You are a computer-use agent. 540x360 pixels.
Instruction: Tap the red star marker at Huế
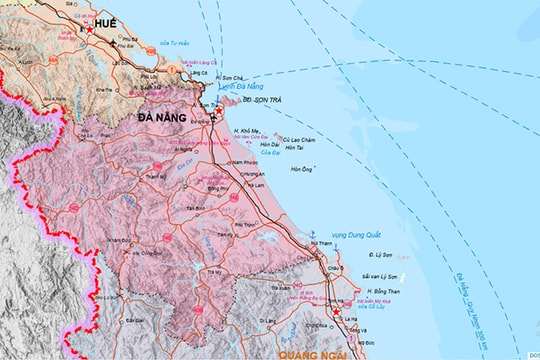coord(90,30)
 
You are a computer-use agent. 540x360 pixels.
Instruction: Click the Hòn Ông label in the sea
coord(301,169)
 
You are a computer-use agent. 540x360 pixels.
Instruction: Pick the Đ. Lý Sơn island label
coord(379,257)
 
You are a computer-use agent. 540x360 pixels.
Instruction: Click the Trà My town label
coord(214,271)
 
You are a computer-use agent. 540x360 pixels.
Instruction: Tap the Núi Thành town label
coord(320,243)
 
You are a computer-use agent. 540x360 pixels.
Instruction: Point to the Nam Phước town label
coord(245,162)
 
